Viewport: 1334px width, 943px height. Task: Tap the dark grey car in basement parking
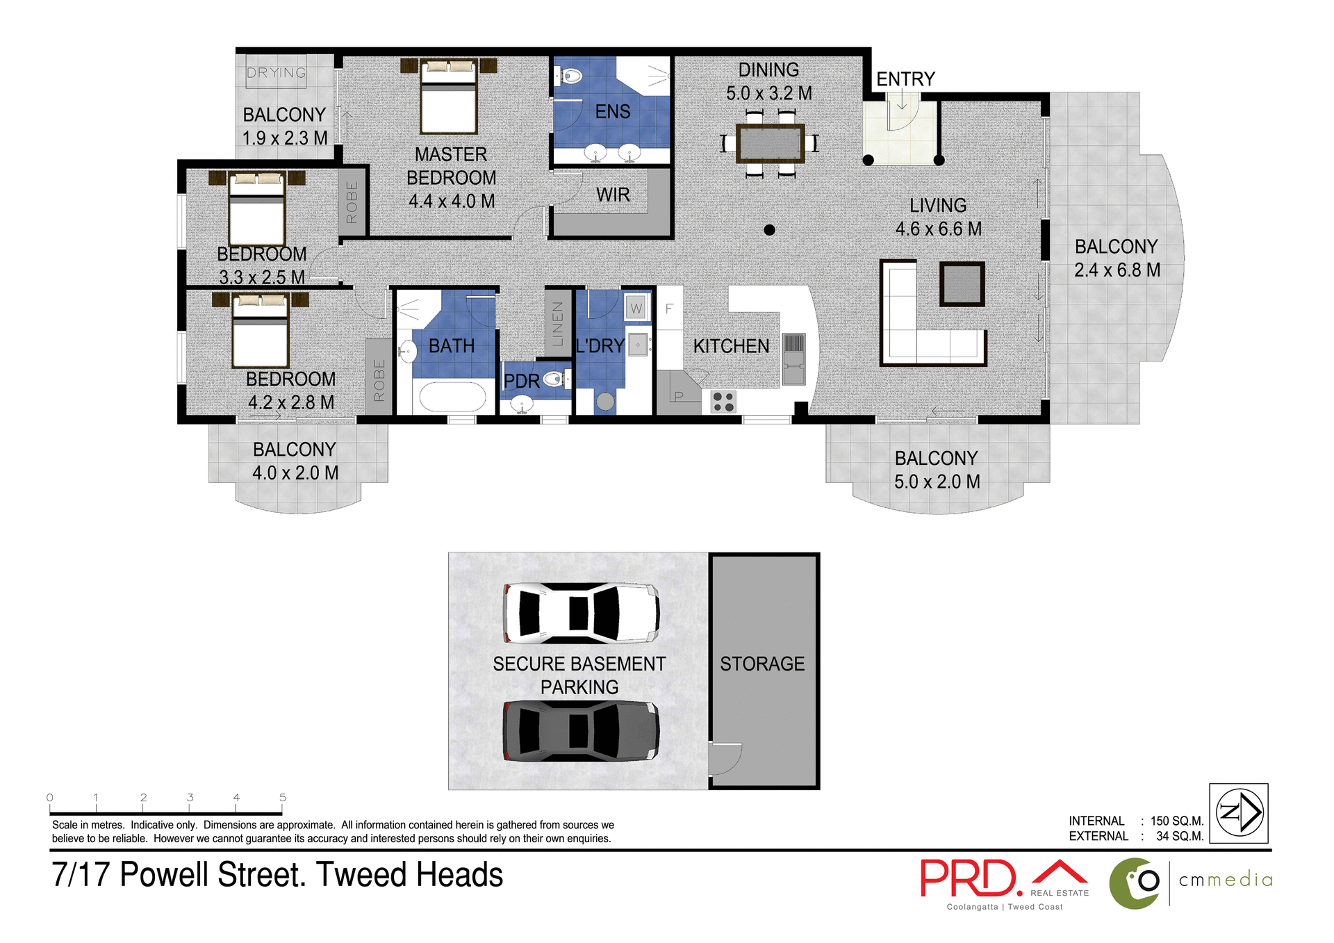[581, 731]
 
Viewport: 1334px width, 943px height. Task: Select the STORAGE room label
[762, 664]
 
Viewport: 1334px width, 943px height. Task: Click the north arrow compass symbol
[1239, 812]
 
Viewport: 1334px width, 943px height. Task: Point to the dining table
[770, 144]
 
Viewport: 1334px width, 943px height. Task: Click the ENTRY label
[905, 79]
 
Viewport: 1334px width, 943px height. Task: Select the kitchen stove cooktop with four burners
[723, 402]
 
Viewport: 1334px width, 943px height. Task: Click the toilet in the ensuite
[571, 76]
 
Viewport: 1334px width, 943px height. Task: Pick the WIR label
[613, 195]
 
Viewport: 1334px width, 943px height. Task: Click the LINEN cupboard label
[558, 324]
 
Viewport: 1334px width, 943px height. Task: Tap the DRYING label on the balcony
[277, 73]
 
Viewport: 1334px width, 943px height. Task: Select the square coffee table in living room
[962, 284]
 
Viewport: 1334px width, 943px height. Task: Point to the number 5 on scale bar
[283, 798]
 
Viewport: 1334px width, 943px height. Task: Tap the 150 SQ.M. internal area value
[1176, 821]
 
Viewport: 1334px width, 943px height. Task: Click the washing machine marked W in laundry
[636, 308]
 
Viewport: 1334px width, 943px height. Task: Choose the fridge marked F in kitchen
[669, 309]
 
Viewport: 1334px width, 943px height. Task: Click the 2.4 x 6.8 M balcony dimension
[1117, 270]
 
